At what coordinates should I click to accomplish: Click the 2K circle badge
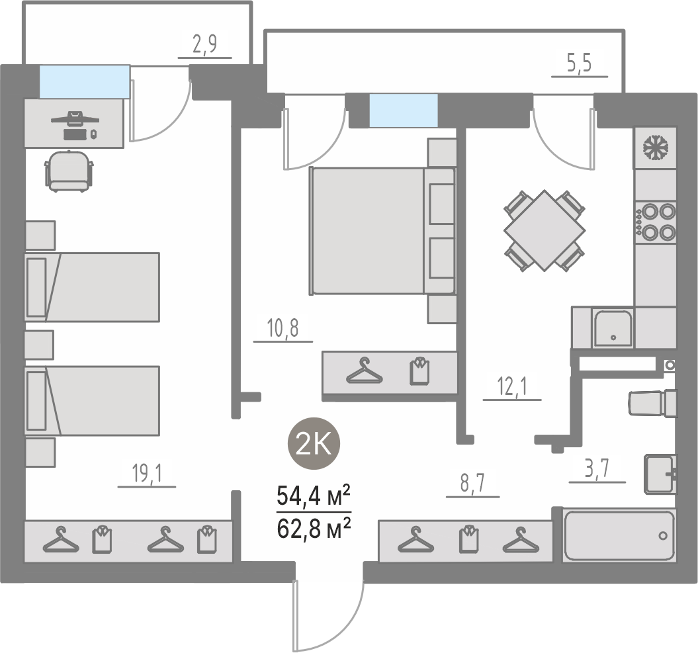tap(314, 443)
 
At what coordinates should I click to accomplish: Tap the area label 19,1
tap(147, 473)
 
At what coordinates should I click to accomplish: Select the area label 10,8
tap(283, 328)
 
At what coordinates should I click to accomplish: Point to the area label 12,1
tap(512, 386)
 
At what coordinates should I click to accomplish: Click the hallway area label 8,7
tap(472, 483)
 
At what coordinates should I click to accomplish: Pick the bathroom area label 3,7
tap(597, 468)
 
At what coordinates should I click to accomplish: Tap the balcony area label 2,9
tap(205, 44)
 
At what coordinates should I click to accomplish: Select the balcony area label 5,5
tap(579, 64)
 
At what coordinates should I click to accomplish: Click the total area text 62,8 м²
tap(314, 529)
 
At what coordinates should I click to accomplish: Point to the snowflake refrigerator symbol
tap(656, 148)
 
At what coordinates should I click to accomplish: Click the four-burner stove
tap(655, 222)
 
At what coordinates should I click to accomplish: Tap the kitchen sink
tap(613, 329)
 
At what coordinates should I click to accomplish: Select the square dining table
tap(545, 230)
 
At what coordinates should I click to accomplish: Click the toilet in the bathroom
tap(652, 404)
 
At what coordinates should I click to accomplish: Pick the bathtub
tap(619, 535)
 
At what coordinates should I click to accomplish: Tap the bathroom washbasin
tap(660, 474)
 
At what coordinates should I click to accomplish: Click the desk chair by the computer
tap(69, 171)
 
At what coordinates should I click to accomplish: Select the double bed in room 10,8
tap(382, 231)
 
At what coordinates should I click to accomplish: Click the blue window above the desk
tap(85, 81)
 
